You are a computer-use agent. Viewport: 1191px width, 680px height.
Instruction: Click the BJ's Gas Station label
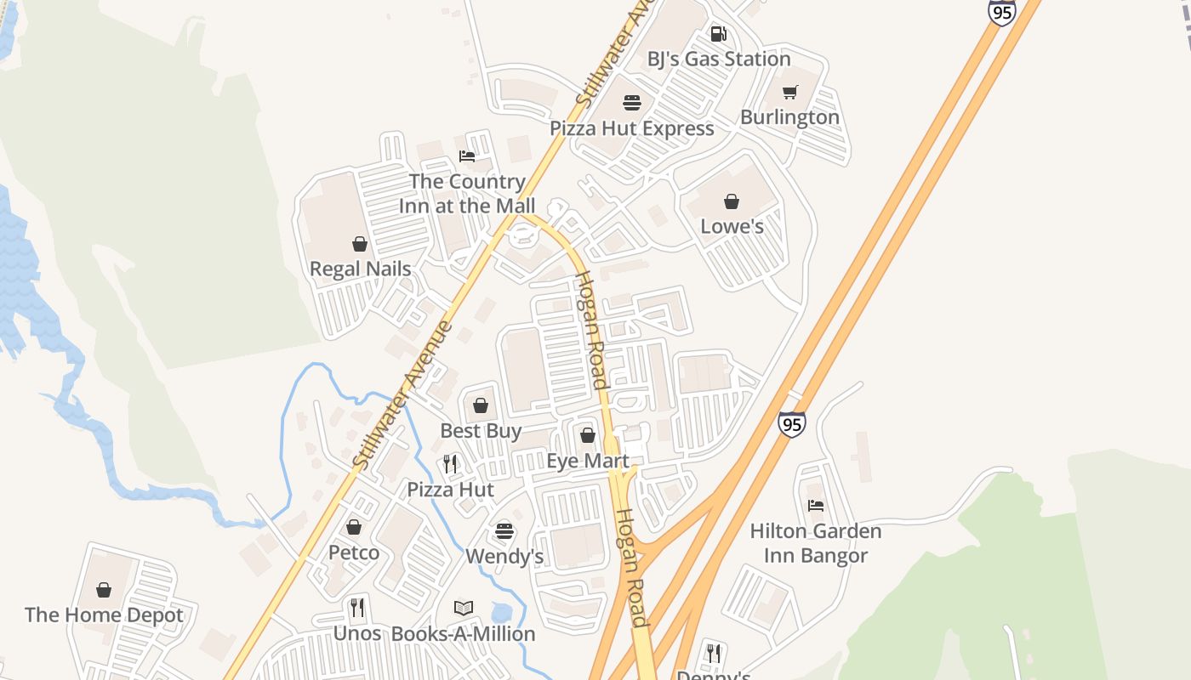point(719,59)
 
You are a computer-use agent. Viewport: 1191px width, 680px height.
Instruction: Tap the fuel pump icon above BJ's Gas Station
point(719,34)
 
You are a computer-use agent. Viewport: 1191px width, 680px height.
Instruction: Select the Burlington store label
point(789,117)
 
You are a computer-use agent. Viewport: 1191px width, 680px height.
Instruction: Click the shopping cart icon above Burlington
point(790,92)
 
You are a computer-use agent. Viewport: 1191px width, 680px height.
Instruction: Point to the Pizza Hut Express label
point(632,128)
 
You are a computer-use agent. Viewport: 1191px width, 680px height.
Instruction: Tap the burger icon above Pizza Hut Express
point(632,103)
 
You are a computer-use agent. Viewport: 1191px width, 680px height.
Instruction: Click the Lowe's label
point(732,227)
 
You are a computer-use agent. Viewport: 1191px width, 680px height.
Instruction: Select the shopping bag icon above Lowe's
point(732,201)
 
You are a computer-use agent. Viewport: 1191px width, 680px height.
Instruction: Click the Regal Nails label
point(360,269)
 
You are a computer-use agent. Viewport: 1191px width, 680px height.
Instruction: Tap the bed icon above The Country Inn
point(467,156)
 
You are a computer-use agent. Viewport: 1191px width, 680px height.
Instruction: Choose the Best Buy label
point(481,431)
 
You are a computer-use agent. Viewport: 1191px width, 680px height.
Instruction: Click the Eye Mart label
point(587,462)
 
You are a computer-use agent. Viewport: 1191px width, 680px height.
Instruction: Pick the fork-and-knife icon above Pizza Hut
point(450,464)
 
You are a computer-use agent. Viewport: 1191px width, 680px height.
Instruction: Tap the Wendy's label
point(504,558)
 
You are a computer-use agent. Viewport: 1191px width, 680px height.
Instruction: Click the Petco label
point(354,553)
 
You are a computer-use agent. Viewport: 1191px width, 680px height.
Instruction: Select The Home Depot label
point(104,615)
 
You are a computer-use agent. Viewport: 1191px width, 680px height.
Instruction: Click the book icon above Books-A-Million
point(464,609)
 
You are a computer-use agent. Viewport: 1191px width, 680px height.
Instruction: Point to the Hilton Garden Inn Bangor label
point(815,543)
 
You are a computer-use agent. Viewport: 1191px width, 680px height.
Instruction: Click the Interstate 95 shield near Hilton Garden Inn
point(791,423)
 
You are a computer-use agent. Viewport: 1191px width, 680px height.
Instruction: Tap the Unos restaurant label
point(357,634)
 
